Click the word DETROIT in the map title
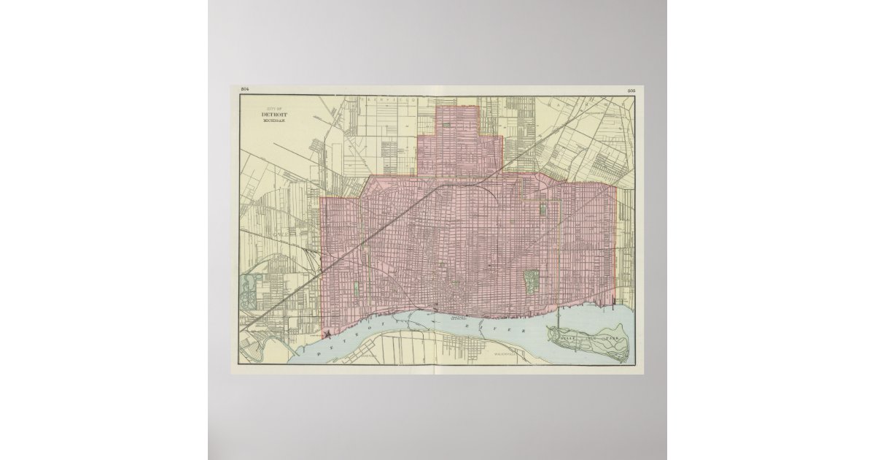click(x=275, y=114)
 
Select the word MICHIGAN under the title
click(x=275, y=120)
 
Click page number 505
click(x=631, y=90)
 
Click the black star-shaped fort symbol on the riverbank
click(x=329, y=333)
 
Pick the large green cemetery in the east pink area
click(x=531, y=279)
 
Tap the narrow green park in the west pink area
click(x=355, y=289)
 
